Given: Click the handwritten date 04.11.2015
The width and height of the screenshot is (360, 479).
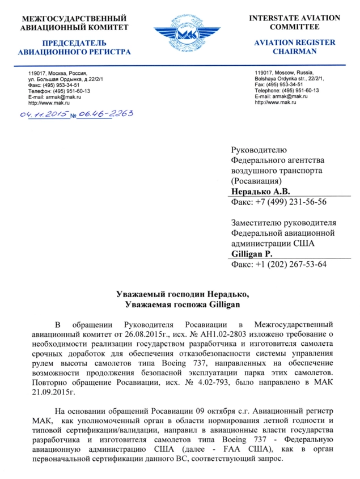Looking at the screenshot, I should pos(44,115).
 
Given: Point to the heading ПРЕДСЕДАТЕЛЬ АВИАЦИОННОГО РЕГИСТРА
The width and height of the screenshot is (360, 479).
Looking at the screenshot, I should pos(74,47).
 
